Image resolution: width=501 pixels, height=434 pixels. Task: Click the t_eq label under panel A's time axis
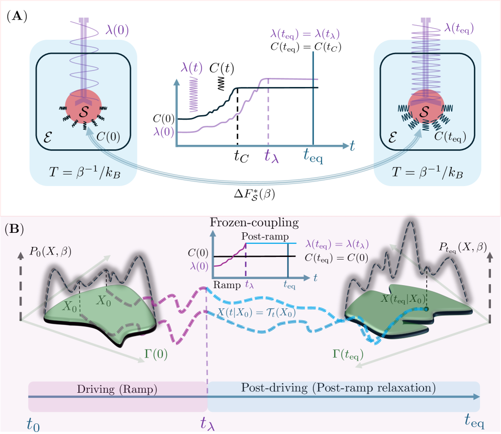point(312,156)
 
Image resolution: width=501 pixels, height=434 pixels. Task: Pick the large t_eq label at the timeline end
point(474,420)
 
